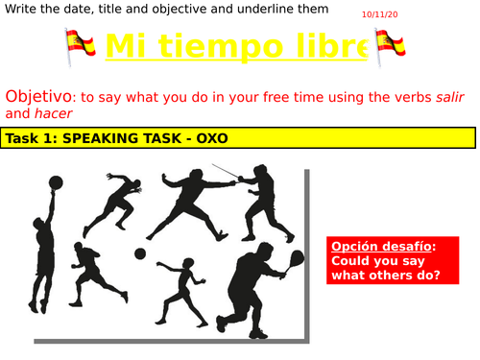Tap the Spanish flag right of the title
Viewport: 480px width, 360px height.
390,44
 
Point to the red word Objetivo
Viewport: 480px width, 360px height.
38,97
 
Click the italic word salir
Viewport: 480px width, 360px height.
456,98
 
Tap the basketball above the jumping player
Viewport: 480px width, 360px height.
56,181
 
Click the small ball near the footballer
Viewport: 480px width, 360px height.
140,253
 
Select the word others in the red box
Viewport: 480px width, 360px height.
381,276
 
